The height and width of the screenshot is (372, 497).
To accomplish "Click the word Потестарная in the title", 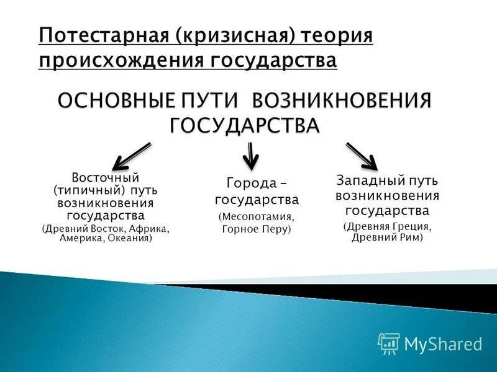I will tap(103, 35).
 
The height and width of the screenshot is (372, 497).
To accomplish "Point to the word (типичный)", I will tap(84, 190).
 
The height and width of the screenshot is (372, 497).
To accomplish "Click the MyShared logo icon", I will tap(389, 342).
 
